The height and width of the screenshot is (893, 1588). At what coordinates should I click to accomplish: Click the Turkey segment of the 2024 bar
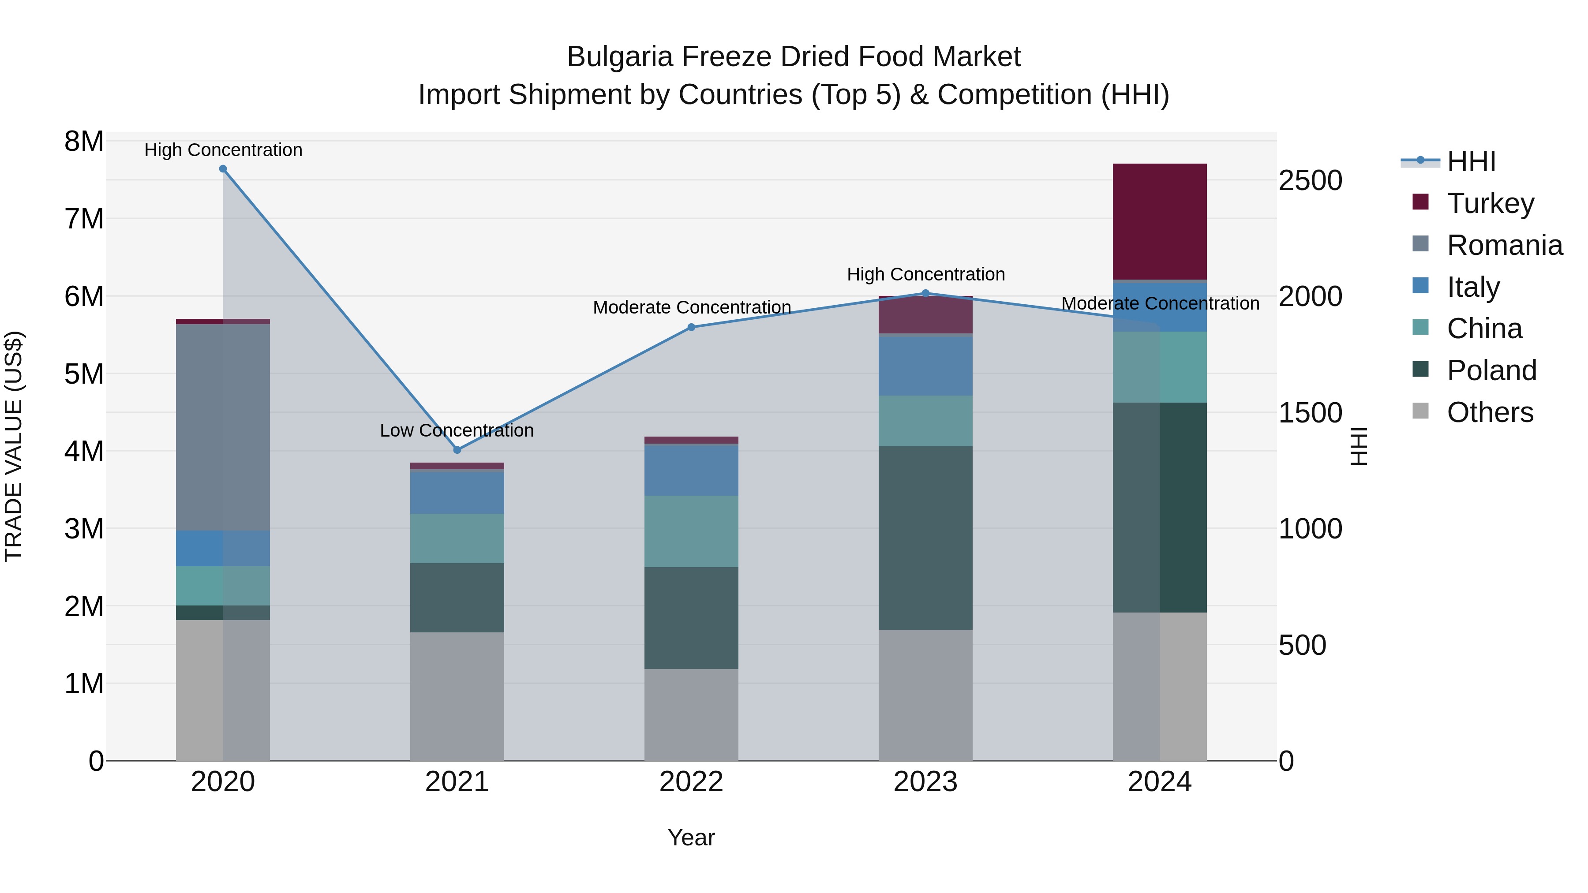[1160, 221]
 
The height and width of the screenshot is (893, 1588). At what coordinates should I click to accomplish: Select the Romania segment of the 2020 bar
[223, 427]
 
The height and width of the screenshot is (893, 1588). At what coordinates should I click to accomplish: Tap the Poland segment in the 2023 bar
[925, 538]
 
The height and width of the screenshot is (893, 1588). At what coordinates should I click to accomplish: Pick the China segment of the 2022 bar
[691, 531]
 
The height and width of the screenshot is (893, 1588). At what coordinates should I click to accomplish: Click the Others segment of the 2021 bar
[457, 696]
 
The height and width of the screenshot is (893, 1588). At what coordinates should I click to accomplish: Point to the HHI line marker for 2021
[457, 450]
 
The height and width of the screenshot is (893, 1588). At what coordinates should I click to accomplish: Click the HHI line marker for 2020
[223, 169]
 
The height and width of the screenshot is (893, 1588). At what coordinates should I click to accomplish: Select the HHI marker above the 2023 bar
[925, 293]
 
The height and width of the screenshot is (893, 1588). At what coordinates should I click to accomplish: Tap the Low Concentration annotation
[457, 430]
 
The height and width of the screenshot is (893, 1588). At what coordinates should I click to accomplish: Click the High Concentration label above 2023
[925, 274]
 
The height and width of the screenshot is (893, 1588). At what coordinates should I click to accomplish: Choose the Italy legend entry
[1473, 287]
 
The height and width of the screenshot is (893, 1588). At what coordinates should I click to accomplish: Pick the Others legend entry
[1489, 412]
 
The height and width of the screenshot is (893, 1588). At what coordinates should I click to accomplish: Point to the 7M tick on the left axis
[84, 219]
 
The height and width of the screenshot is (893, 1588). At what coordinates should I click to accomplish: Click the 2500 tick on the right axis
[1310, 180]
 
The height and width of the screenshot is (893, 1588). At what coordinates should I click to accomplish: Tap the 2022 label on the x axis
[691, 782]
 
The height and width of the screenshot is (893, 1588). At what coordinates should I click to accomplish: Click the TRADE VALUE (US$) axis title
[14, 446]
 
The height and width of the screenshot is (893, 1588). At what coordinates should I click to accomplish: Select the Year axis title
[691, 837]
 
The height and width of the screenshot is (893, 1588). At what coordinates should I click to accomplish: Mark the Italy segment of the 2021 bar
[457, 492]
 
